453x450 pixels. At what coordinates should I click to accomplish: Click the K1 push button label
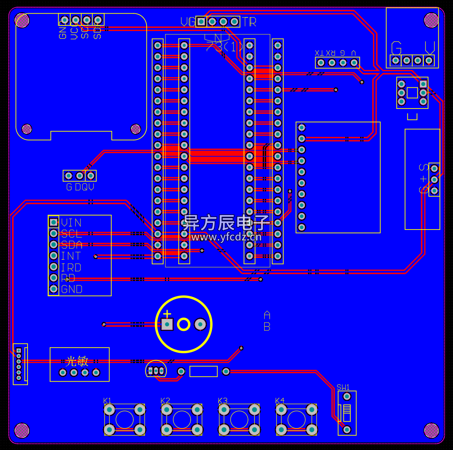(107, 400)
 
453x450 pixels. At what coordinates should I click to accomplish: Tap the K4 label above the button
(280, 400)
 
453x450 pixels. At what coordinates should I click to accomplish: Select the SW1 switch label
(343, 387)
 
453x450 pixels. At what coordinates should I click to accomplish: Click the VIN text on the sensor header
(71, 222)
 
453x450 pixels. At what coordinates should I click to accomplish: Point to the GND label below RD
(72, 289)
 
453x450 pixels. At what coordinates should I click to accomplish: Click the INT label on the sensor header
(71, 256)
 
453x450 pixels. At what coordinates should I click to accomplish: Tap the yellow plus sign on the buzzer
(167, 314)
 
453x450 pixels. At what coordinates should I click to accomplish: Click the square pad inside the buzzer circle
(167, 324)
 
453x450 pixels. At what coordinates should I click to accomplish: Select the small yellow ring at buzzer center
(183, 324)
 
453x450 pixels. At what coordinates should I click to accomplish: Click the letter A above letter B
(267, 315)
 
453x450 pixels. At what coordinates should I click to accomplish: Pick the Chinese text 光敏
(77, 361)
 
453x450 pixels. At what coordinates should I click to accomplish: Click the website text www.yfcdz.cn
(226, 237)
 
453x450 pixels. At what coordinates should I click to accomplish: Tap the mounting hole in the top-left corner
(22, 20)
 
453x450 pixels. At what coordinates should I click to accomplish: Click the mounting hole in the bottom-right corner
(431, 430)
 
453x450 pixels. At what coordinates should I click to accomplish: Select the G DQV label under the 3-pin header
(80, 187)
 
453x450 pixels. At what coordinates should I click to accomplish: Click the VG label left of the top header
(188, 22)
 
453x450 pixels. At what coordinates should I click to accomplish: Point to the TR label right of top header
(249, 22)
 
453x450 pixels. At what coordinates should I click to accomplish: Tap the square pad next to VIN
(54, 222)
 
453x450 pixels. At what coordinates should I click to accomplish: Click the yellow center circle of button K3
(239, 419)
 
